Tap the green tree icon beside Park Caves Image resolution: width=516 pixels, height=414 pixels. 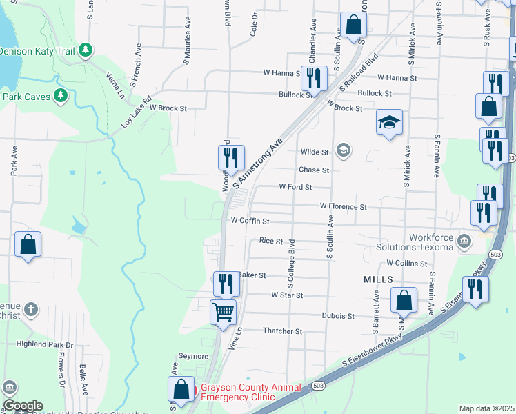61,95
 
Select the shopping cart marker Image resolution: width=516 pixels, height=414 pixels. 223,312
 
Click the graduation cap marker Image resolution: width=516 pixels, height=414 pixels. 389,122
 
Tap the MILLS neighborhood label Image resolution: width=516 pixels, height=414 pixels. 378,279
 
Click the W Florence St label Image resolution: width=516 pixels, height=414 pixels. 343,206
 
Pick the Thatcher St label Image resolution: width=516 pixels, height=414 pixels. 283,331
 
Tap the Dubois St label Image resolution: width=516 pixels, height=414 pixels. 338,316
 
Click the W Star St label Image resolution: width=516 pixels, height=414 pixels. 287,295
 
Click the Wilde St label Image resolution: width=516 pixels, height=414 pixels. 315,152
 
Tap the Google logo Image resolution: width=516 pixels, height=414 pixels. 23,406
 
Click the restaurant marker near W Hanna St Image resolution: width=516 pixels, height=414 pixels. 314,79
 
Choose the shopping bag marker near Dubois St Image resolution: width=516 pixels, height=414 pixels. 404,300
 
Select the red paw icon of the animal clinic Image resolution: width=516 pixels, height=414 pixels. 193,391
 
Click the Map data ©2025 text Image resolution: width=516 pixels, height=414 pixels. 486,408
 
